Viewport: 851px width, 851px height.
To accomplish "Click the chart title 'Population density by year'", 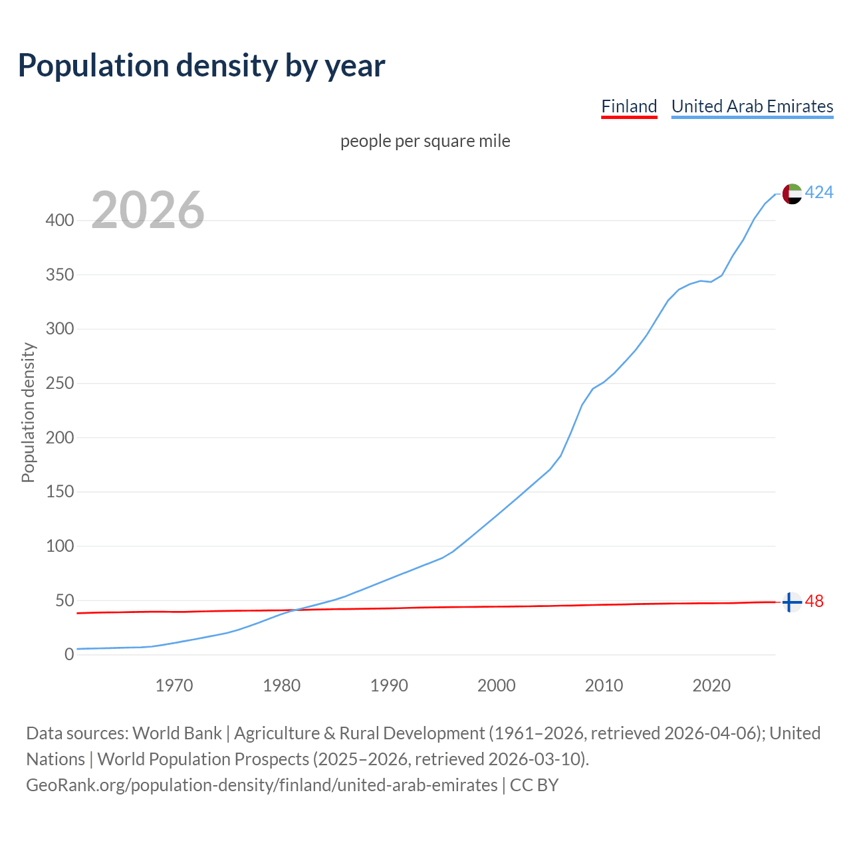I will tap(201, 65).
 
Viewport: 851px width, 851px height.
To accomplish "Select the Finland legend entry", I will tap(629, 106).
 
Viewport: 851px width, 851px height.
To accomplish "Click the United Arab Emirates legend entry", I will tap(752, 106).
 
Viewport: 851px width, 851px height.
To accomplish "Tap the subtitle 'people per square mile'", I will tap(425, 141).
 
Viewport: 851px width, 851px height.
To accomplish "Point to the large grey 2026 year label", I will tap(148, 210).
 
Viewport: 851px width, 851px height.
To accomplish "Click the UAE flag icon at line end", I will tap(791, 193).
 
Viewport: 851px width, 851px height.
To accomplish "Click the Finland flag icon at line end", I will tap(791, 602).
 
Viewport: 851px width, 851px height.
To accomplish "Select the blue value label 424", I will tap(819, 193).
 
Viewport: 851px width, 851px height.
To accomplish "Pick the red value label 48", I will tap(814, 602).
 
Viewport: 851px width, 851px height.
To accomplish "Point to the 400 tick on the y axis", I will tap(59, 220).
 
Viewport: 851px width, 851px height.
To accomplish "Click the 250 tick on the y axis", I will tap(59, 384).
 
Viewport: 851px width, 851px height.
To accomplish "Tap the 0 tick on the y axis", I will tap(69, 655).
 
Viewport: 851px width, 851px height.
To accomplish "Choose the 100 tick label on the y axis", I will tap(59, 547).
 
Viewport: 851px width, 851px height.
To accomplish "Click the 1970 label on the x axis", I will tap(174, 685).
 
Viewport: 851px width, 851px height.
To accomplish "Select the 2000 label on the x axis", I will tap(497, 685).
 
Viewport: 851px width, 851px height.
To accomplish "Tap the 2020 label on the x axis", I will tap(711, 685).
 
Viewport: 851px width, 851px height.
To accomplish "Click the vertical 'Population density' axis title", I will tap(28, 412).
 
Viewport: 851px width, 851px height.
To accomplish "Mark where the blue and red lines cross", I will tap(293, 610).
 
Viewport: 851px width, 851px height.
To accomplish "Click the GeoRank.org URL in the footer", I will tap(261, 785).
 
